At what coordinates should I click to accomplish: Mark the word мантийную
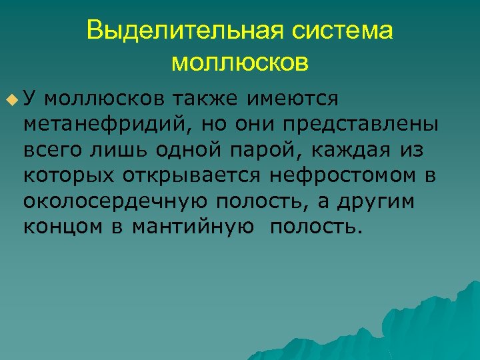click(x=193, y=227)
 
